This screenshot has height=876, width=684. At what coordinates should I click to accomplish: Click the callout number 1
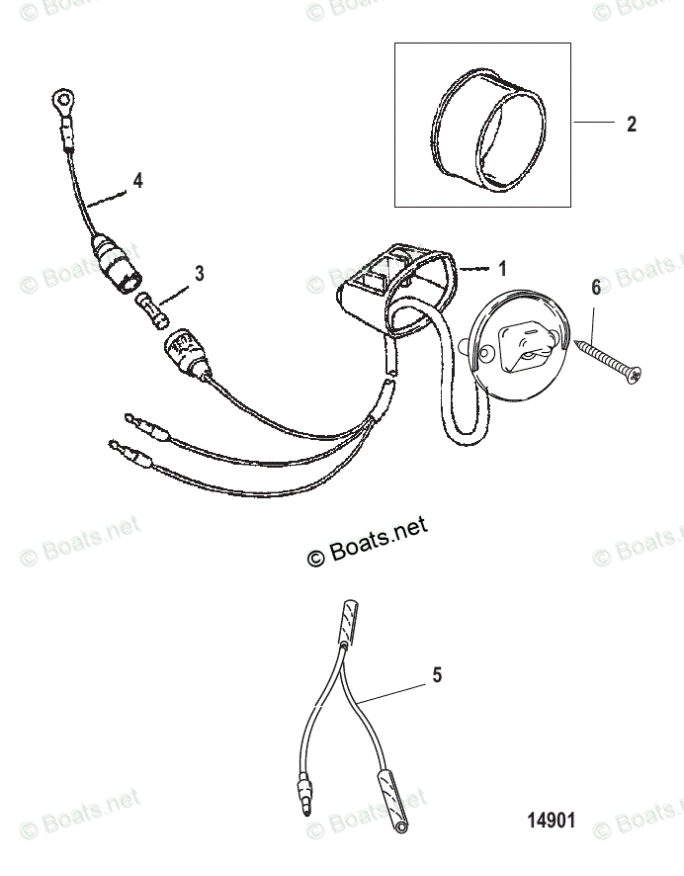click(x=502, y=268)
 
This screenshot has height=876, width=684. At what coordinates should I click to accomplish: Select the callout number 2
click(x=632, y=125)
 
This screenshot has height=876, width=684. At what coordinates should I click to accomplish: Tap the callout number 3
click(x=200, y=273)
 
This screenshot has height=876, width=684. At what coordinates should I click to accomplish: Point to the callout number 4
click(x=137, y=180)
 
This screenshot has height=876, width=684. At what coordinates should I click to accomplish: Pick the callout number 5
click(x=436, y=676)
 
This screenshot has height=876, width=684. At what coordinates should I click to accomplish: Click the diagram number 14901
click(x=550, y=821)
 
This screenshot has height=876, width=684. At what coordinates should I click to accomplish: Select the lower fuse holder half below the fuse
click(x=185, y=353)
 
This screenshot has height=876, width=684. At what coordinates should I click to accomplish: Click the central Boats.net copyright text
click(x=369, y=543)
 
